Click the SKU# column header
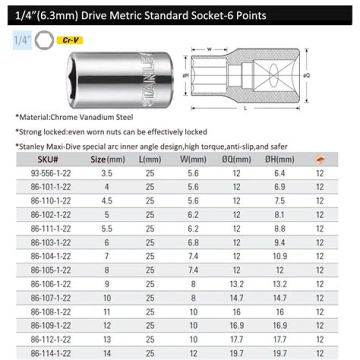[48, 159]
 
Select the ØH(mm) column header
[278, 159]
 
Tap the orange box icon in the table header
[318, 159]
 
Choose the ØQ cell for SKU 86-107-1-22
[236, 298]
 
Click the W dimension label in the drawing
[208, 49]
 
